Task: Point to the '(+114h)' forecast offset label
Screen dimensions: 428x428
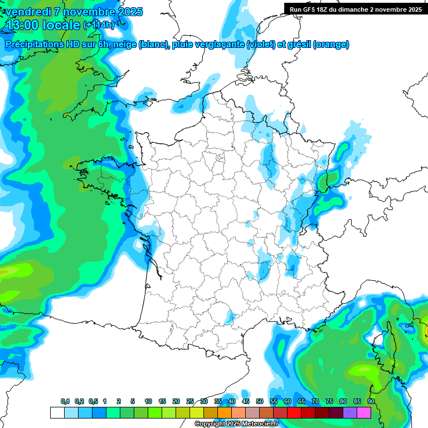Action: [x=99, y=25]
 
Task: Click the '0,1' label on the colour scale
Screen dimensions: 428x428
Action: [x=65, y=401]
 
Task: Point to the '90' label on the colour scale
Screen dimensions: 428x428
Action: [x=371, y=401]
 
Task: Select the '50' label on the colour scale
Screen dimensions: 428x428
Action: [x=260, y=401]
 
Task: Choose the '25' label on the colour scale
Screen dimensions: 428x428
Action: [x=190, y=401]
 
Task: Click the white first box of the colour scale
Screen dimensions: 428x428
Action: [x=57, y=412]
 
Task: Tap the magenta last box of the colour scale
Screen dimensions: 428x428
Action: [x=364, y=412]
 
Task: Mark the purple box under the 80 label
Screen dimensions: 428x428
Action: [x=350, y=412]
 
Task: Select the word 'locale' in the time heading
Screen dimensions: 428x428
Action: [x=59, y=25]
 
